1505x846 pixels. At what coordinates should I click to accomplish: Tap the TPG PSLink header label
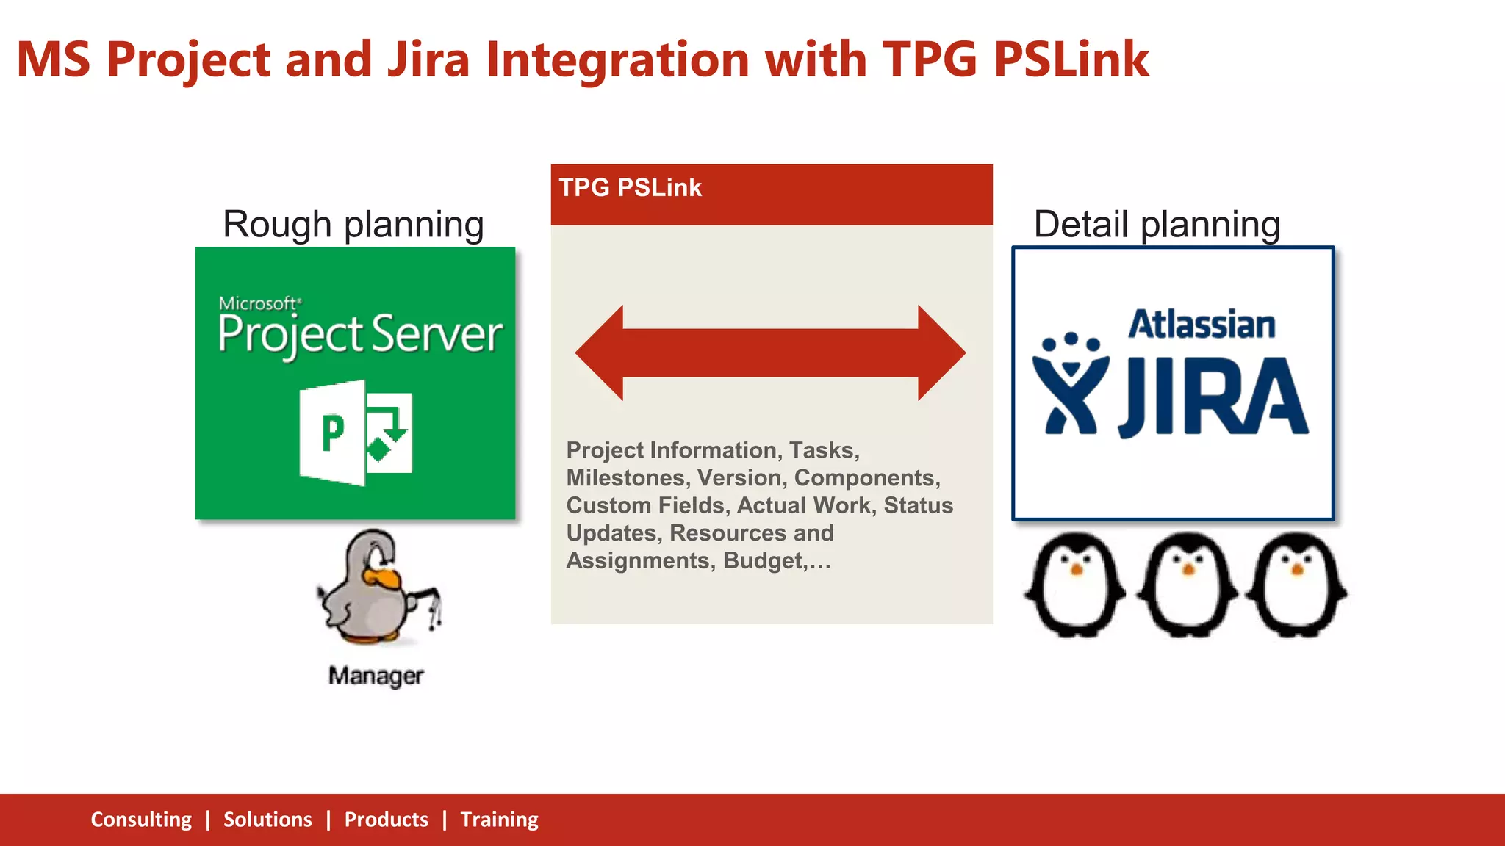[x=630, y=187]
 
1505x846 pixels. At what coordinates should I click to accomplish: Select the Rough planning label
[x=353, y=224]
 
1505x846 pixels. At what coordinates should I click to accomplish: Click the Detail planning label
[x=1157, y=224]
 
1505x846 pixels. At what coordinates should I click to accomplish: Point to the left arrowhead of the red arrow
[x=600, y=352]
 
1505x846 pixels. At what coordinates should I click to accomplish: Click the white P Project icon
[x=356, y=433]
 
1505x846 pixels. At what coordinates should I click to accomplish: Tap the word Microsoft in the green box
[x=259, y=303]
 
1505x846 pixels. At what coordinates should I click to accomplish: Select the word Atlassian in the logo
[x=1202, y=325]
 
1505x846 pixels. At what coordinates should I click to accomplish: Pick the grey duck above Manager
[x=376, y=587]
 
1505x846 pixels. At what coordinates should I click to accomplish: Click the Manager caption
[x=376, y=675]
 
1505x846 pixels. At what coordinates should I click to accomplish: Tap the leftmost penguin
[x=1075, y=585]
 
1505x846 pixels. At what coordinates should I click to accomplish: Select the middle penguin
[x=1187, y=585]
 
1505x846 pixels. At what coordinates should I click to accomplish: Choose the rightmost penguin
[x=1299, y=585]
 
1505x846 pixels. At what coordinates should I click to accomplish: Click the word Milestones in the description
[x=626, y=478]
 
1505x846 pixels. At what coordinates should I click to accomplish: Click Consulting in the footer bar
[x=141, y=820]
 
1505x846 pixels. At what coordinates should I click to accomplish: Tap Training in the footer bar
[x=499, y=820]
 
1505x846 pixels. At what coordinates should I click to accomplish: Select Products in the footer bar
[x=386, y=820]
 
